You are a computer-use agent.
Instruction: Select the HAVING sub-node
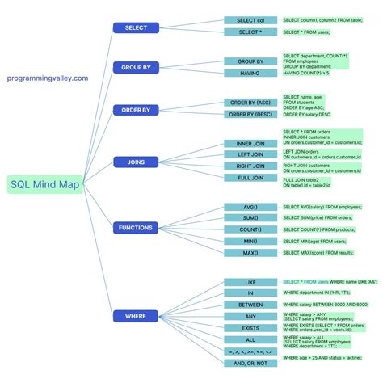[x=250, y=73]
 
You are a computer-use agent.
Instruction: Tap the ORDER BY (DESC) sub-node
[x=250, y=115]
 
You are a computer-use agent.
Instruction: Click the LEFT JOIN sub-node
[x=250, y=154]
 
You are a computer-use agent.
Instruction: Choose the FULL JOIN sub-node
[x=250, y=177]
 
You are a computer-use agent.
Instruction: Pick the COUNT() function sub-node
[x=250, y=229]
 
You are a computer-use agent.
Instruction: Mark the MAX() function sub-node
[x=250, y=252]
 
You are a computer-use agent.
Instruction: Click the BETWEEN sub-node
[x=250, y=305]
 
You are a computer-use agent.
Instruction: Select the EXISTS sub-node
[x=250, y=328]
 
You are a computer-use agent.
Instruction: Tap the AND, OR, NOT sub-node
[x=250, y=364]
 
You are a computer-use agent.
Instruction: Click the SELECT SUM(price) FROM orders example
[x=317, y=218]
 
